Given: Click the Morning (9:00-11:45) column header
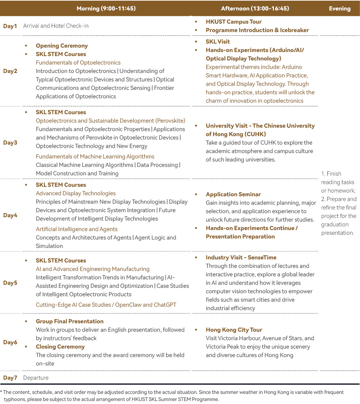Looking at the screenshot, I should pos(106,8).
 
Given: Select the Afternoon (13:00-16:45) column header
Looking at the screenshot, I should pos(255,8).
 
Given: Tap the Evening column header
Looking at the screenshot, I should pos(339,8).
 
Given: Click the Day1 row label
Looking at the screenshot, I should pos(10,26).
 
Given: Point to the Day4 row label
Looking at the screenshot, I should pos(10,215).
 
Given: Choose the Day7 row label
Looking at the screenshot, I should pos(10,378).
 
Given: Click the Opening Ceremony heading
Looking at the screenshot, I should pos(62,46).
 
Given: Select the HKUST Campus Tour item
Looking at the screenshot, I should pos(234,22).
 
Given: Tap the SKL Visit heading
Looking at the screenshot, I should pos(218,42).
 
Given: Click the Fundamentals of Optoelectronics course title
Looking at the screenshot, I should pos(78,62).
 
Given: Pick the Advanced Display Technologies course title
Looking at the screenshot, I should pos(76,193).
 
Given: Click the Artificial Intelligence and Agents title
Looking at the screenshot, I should pos(77,229).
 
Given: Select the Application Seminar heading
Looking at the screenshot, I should pos(233,194).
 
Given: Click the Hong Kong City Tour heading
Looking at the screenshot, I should pos(234,330).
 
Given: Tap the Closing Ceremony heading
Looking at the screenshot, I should pos(60,347).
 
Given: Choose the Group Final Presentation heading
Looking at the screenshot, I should pos(70,321).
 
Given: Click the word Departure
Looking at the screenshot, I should pos(36,378).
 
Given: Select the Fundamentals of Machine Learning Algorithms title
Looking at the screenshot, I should pos(95,156).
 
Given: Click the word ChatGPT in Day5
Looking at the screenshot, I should pos(165,305).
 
